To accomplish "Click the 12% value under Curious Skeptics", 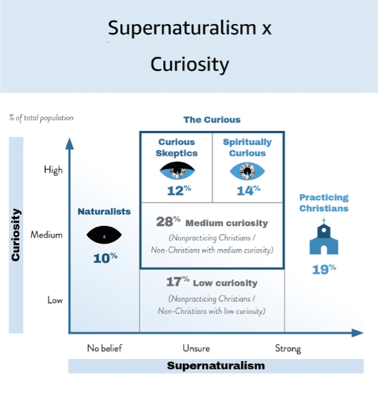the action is coord(179,190).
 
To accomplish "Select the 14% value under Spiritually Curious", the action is coord(248,190).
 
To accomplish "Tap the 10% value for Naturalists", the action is coord(106,258).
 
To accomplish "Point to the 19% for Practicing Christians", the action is coord(324,269).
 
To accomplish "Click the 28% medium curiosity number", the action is coord(168,222).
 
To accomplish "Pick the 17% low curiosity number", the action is coord(177,282).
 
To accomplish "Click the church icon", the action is coord(324,237).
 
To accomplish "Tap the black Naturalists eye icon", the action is coord(104,235).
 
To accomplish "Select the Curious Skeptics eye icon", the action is coord(177,170).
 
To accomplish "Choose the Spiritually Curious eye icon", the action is coord(247,171).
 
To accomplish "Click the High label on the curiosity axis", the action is coord(53,170).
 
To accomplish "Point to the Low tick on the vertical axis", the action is coord(55,300).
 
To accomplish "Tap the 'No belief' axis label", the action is coord(105,348).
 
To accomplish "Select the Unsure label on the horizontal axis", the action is coord(196,348).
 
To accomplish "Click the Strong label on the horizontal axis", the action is coord(288,349).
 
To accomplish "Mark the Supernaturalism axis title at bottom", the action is coord(216,365).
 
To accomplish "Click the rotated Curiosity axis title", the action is coord(15,235).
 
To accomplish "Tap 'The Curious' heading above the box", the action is coord(212,120).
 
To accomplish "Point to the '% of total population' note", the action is coord(42,118).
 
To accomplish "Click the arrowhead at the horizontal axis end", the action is coord(358,333).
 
